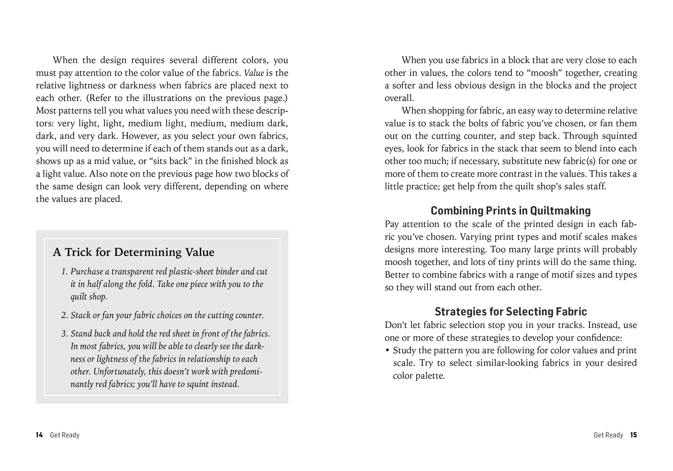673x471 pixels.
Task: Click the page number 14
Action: (x=39, y=435)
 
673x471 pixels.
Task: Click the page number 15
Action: (x=633, y=435)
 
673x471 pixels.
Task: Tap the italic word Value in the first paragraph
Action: (x=254, y=73)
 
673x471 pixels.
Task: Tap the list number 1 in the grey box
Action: (x=64, y=272)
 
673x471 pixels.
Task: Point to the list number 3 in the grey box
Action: (x=64, y=334)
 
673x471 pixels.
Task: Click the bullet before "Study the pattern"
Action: (x=387, y=350)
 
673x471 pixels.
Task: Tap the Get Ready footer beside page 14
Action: (x=64, y=435)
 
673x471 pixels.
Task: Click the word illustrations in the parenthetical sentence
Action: (x=167, y=98)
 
